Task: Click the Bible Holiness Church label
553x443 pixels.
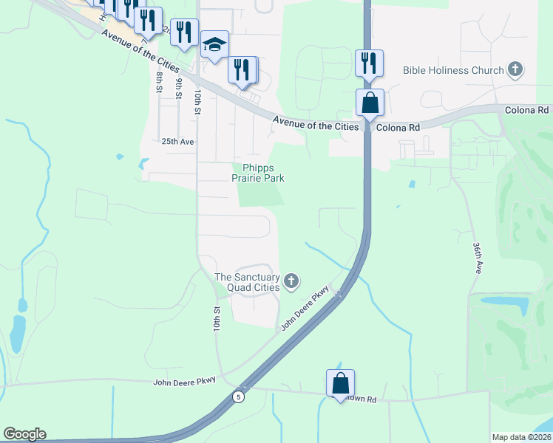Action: pos(452,71)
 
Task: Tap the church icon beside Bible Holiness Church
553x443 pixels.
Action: pos(515,71)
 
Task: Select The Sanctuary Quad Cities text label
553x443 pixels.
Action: pos(247,282)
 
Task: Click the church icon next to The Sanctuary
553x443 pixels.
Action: pos(292,281)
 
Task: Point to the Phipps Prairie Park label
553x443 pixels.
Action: pos(259,173)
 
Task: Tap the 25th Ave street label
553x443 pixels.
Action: pos(177,141)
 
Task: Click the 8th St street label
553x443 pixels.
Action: pos(159,81)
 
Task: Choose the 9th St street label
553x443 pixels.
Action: pos(178,86)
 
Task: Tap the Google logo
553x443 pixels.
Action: pos(24,434)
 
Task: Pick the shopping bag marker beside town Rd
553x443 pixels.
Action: pos(340,383)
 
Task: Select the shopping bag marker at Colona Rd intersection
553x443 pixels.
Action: pos(370,103)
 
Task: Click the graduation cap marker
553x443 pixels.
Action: pos(214,45)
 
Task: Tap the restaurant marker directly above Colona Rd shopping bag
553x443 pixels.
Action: pos(369,63)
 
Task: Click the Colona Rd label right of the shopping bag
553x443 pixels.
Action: pos(398,128)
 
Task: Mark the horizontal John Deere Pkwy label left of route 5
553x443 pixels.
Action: pos(184,382)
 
